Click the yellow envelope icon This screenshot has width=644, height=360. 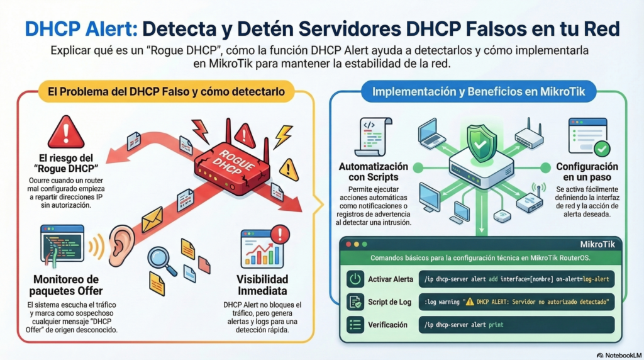(x=152, y=218)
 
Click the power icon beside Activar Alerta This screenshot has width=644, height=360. (x=355, y=279)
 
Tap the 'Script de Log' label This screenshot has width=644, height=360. (x=391, y=302)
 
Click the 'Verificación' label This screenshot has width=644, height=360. (x=391, y=325)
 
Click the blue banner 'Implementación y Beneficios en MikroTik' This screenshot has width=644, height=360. (x=479, y=92)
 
